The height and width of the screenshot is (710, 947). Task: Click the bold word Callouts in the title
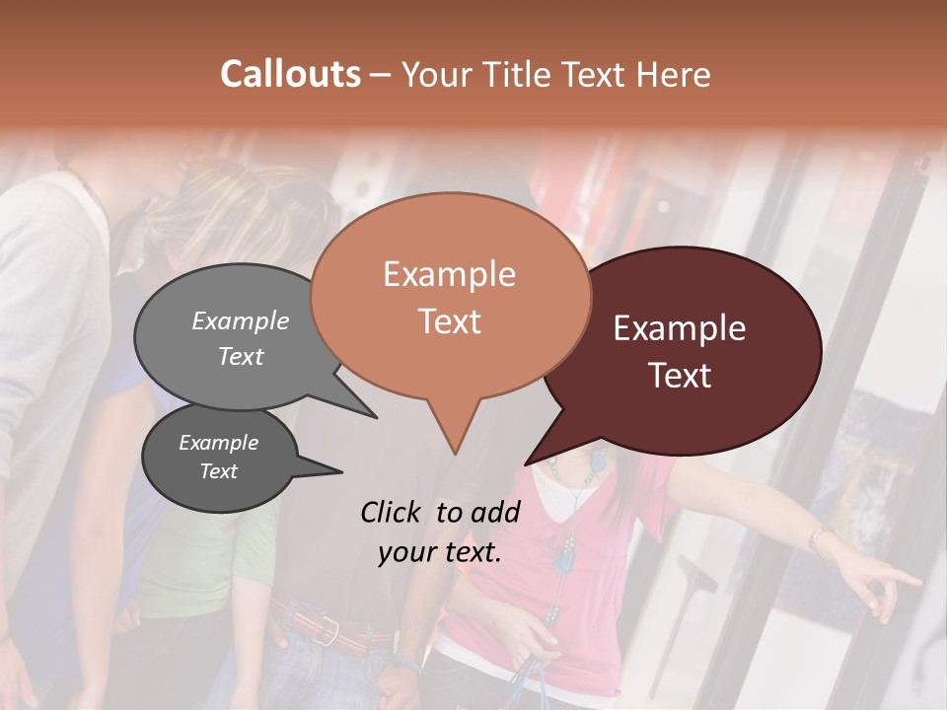tap(290, 74)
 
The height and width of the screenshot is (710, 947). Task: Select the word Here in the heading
tap(675, 75)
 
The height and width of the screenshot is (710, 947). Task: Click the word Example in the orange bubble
tap(449, 274)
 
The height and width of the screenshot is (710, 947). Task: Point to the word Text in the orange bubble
tap(449, 321)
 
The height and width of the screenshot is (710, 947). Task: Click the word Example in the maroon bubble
tap(680, 328)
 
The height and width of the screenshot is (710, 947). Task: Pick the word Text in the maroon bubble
tap(681, 376)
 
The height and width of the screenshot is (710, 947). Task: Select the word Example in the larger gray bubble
tap(241, 320)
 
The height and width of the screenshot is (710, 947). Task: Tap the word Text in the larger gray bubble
tap(241, 356)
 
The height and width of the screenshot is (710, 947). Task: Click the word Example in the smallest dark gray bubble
tap(219, 443)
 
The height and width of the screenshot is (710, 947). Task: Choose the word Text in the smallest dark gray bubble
tap(219, 471)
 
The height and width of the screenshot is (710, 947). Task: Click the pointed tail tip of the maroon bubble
tap(526, 463)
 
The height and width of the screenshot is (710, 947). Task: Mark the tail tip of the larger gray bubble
tap(376, 417)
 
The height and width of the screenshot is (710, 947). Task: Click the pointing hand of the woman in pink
tap(893, 582)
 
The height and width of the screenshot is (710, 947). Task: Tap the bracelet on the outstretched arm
tap(819, 538)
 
